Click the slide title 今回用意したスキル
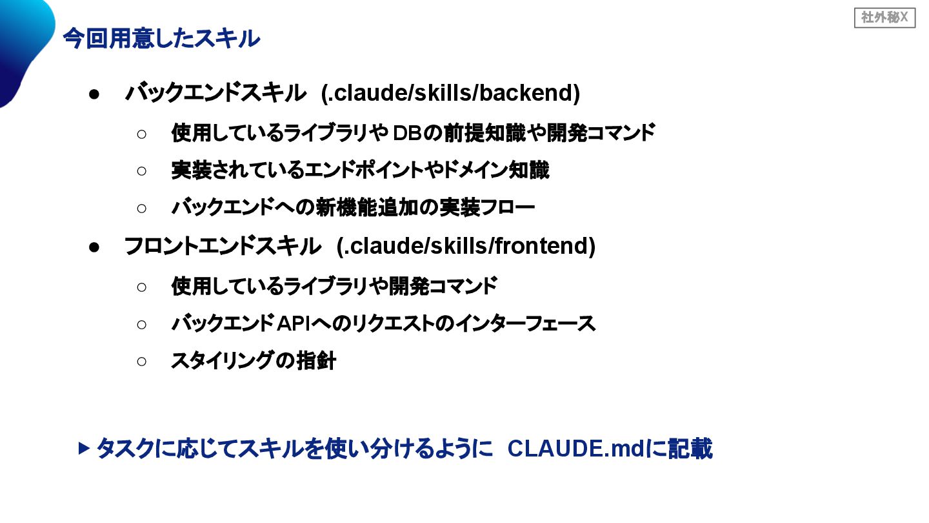click(x=161, y=39)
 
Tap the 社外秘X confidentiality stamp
click(x=884, y=18)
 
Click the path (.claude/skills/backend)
click(x=451, y=94)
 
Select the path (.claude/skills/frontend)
click(x=466, y=246)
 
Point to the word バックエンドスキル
click(x=215, y=94)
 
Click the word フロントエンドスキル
click(x=223, y=246)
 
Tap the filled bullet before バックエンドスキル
click(x=94, y=94)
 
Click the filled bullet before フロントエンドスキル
click(x=94, y=247)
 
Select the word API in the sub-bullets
click(x=294, y=323)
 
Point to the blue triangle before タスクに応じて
click(x=83, y=448)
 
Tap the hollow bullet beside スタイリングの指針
click(x=142, y=361)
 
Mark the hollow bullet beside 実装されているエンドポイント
click(x=142, y=171)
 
